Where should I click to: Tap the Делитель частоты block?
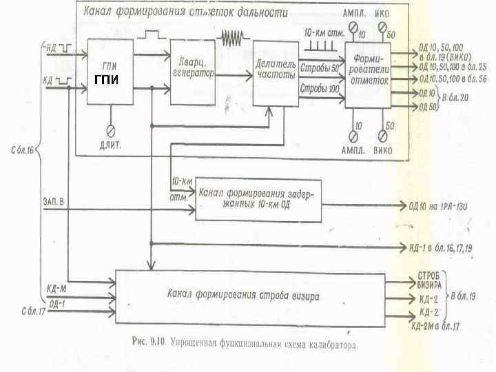(273, 72)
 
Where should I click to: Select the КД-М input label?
(54, 287)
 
